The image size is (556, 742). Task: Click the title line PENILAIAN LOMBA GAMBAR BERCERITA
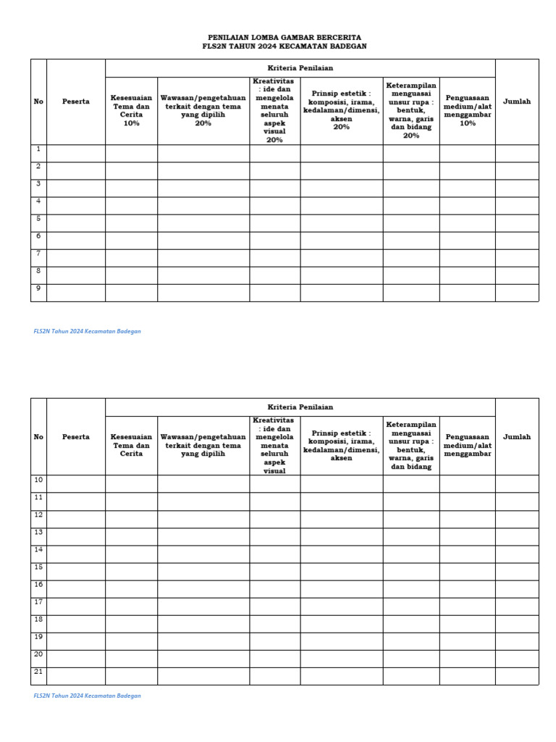285,37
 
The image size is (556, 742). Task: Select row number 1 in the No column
38,149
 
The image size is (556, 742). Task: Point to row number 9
38,288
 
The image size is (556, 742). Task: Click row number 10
38,480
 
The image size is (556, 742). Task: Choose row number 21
38,672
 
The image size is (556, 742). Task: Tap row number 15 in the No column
38,567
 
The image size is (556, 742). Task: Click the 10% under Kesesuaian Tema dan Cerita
131,123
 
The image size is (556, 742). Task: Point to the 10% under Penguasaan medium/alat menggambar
467,123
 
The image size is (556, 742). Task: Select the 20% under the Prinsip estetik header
341,127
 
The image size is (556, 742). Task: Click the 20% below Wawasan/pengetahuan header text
203,123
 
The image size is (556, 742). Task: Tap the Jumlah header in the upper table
517,101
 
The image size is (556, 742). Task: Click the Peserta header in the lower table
76,437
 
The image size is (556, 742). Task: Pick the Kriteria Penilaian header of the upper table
300,68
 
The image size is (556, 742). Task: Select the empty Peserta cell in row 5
76,222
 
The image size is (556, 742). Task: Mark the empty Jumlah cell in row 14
517,554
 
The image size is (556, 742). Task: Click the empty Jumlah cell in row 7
517,257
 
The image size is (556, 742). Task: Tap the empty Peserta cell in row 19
76,641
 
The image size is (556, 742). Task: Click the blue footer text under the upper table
87,331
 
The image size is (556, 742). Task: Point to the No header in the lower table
38,437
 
